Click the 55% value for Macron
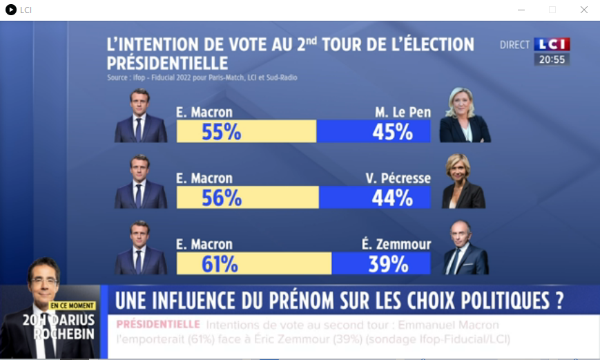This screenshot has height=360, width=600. click(221, 131)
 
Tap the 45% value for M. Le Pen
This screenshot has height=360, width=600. click(392, 131)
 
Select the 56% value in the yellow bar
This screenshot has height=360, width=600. click(222, 198)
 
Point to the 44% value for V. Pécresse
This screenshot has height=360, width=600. click(392, 198)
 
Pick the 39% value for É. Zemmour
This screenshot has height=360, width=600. click(388, 264)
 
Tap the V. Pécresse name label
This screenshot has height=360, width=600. click(398, 178)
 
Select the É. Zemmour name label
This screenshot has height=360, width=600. click(396, 245)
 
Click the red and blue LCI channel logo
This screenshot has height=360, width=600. click(552, 45)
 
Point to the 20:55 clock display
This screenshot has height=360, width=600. click(552, 60)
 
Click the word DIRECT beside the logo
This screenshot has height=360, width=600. click(515, 45)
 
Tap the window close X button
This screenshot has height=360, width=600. click(584, 10)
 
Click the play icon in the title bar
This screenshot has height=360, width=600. click(10, 10)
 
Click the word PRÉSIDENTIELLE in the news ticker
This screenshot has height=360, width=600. click(158, 324)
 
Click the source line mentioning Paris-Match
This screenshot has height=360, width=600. click(202, 77)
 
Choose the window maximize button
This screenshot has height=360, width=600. click(552, 10)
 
